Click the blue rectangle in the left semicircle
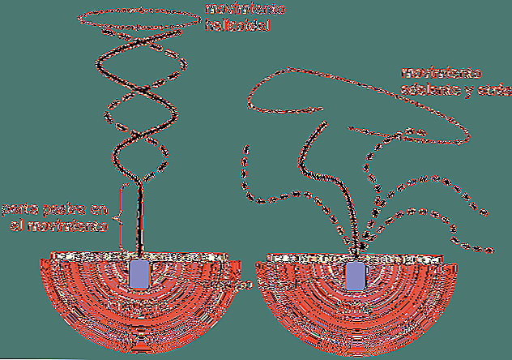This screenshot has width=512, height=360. coord(139,272)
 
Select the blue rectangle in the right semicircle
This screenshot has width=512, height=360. coord(355,275)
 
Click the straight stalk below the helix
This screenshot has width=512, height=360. coord(141,219)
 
